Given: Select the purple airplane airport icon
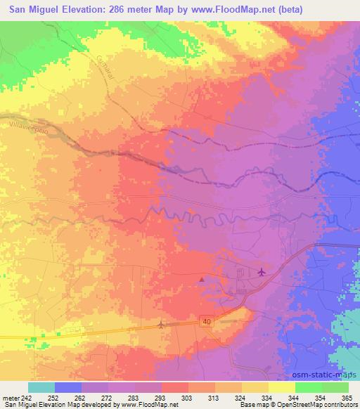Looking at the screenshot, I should pos(262,272).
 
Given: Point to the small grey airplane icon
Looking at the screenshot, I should pos(161,325).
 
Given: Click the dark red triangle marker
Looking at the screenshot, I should pos(202,280).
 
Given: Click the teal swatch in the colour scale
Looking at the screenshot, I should pos(41,387).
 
